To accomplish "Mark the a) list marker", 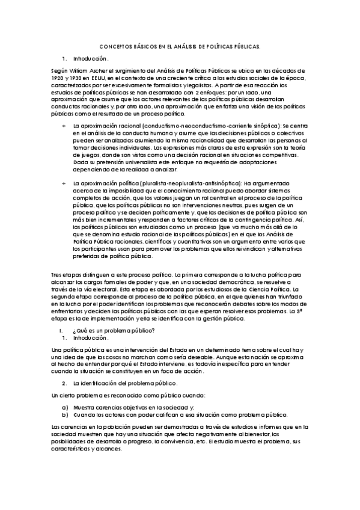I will pyautogui.click(x=65, y=407).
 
